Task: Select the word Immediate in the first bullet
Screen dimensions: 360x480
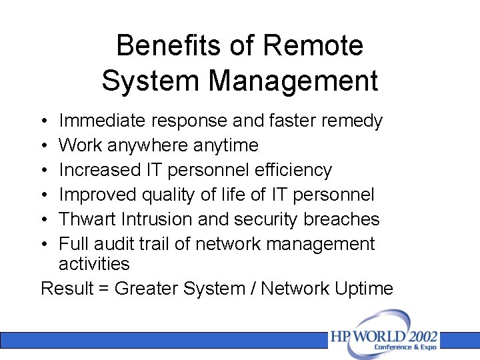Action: (x=103, y=121)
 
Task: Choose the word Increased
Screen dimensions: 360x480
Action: (x=100, y=170)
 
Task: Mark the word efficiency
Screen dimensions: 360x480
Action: (x=293, y=170)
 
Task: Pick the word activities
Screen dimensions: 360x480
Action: (x=94, y=264)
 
